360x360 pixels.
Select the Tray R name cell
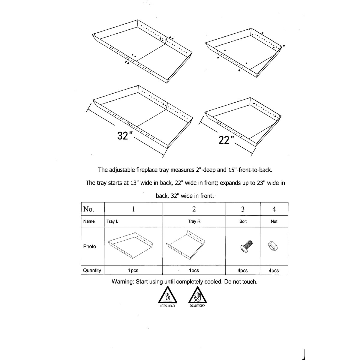click(x=194, y=221)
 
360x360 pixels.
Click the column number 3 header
click(x=243, y=209)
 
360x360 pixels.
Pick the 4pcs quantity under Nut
click(x=274, y=271)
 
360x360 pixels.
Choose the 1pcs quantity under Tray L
click(x=133, y=271)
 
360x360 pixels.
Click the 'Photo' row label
click(x=90, y=246)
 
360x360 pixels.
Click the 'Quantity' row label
click(x=92, y=271)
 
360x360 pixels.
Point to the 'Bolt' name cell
click(x=243, y=221)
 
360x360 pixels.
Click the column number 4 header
click(x=274, y=209)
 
